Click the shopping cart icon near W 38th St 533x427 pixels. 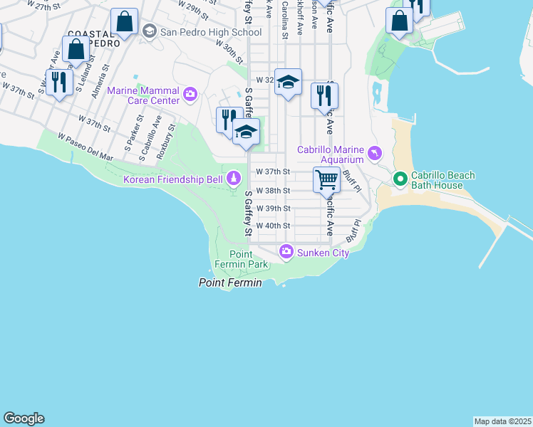tap(326, 180)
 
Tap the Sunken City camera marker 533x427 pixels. tap(286, 251)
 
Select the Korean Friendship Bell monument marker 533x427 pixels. tap(234, 177)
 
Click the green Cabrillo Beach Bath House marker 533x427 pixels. tap(400, 178)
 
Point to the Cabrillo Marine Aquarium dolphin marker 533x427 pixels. tap(375, 153)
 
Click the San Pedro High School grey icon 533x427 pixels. tap(150, 31)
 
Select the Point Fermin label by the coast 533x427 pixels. tap(229, 283)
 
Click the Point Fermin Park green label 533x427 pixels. tap(248, 260)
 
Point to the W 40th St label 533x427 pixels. tap(273, 226)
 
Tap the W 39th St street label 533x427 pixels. tap(273, 209)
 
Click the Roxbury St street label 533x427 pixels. tap(169, 137)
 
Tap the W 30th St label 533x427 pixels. tap(229, 51)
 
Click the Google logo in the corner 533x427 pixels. tap(24, 418)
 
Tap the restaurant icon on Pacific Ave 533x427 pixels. tap(324, 95)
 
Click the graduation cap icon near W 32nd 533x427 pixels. tap(288, 83)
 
